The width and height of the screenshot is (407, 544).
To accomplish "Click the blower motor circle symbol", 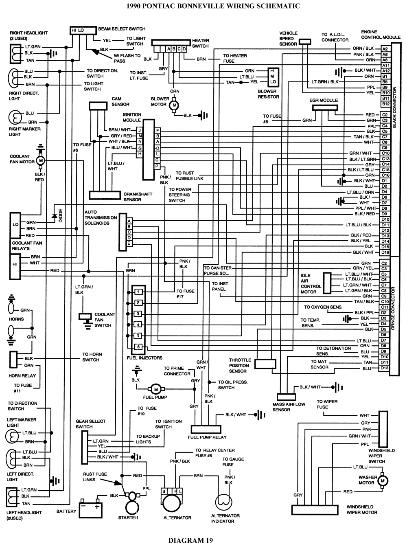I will tap(175, 105).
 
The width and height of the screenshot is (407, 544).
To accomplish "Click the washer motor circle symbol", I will tap(382, 481).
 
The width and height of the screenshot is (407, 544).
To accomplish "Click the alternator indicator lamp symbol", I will tap(223, 502).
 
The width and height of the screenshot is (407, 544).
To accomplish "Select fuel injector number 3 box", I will tap(138, 314).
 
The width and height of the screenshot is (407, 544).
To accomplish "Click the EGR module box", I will tap(325, 107).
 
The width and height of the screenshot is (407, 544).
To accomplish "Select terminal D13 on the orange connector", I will tap(384, 368).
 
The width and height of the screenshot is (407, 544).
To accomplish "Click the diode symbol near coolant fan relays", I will tap(54, 216).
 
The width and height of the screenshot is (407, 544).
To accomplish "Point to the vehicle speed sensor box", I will tap(304, 42).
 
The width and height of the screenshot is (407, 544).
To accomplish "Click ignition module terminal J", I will tap(140, 130).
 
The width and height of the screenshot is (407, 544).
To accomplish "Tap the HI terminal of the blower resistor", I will tap(273, 71).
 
